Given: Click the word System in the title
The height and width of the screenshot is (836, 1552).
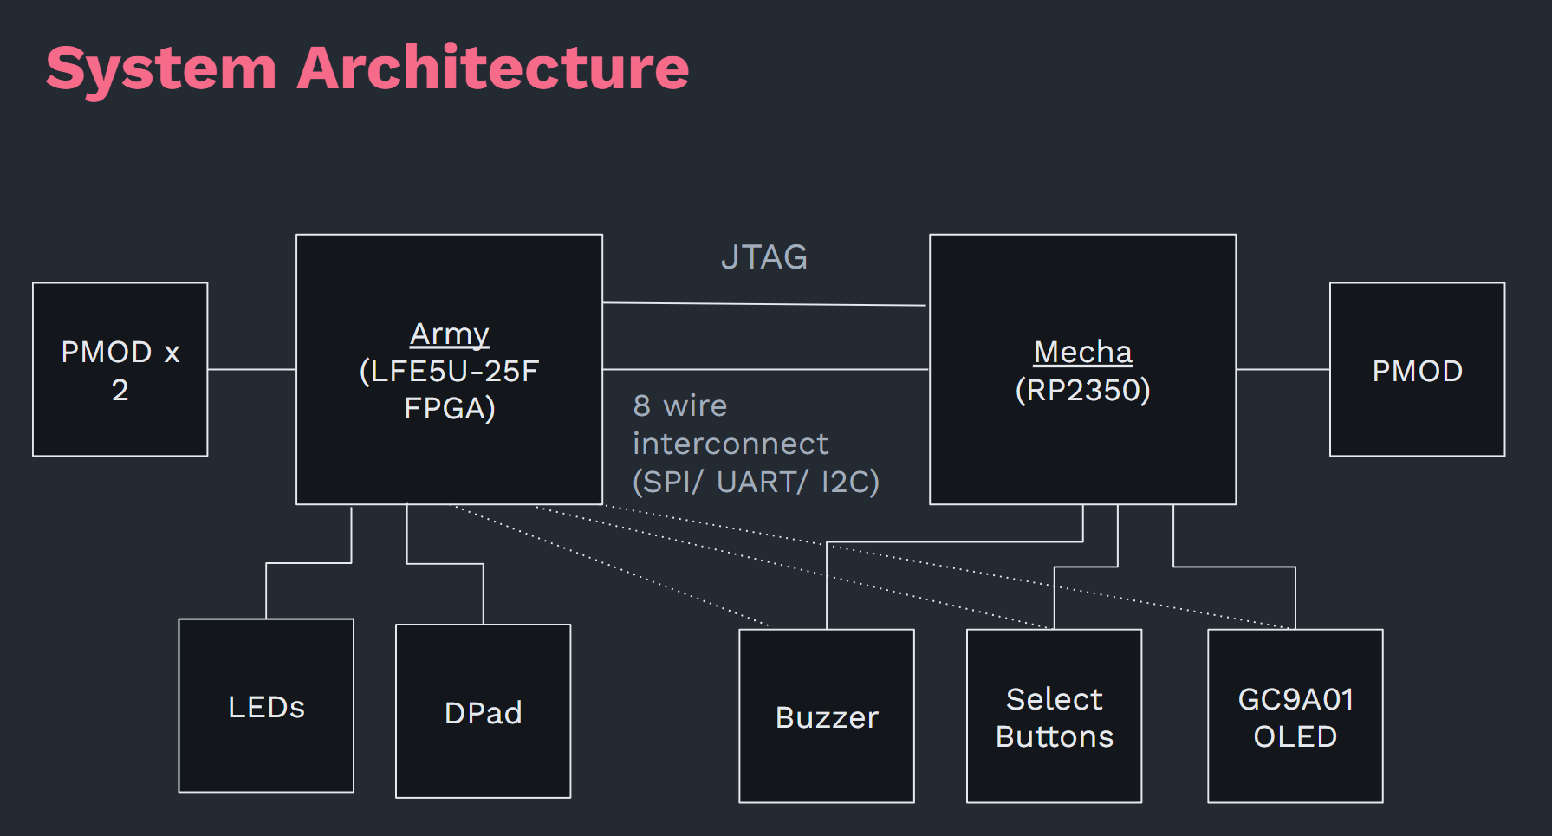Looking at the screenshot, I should (x=161, y=68).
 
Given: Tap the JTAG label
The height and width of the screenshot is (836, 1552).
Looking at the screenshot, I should (x=763, y=257).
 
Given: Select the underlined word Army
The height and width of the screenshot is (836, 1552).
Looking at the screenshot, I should (x=449, y=334).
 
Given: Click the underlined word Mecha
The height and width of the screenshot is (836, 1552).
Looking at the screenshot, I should (x=1082, y=352).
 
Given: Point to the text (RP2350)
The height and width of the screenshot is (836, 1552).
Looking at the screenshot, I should (x=1082, y=390).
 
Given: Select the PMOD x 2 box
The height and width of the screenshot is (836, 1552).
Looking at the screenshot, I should (x=120, y=369).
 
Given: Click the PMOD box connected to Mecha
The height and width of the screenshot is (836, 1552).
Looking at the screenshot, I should (x=1417, y=369).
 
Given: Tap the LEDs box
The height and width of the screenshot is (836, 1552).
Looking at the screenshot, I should (x=266, y=705).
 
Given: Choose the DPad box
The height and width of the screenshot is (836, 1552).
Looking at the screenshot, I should (x=483, y=711).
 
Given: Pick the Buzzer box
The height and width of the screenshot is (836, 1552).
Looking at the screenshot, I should (x=826, y=716).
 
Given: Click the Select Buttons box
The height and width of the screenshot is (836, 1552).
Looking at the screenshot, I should (x=1054, y=716).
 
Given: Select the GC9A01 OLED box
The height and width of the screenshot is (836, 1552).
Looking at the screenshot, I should (x=1295, y=716).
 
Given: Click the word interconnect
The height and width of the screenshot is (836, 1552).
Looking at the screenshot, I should (x=731, y=444).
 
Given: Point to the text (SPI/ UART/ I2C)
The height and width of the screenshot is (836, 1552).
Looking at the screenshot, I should (x=756, y=482).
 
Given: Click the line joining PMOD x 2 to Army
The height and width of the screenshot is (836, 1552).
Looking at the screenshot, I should (x=251, y=369).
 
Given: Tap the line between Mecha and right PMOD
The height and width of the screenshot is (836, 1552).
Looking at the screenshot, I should (x=1283, y=369).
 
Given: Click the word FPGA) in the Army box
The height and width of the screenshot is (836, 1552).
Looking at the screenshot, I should (x=449, y=408).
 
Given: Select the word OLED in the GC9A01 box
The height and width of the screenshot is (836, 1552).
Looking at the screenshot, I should (x=1295, y=736).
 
